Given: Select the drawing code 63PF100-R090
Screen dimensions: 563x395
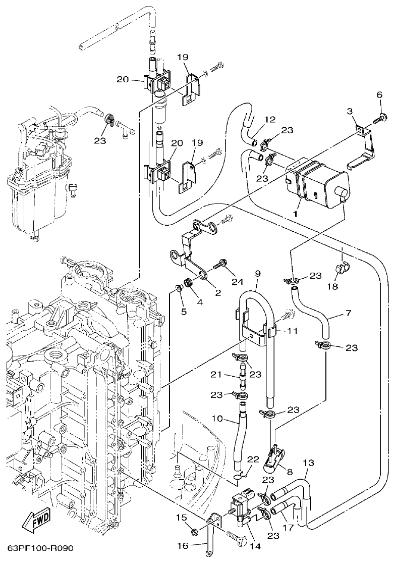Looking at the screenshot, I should (40, 548).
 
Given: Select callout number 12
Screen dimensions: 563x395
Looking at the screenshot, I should (270, 120).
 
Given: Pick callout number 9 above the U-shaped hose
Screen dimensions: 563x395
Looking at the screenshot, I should (257, 273).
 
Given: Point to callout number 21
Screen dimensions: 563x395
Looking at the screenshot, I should (216, 374).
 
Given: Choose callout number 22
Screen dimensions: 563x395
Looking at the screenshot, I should (253, 459).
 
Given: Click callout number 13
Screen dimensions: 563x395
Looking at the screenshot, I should (308, 463).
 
